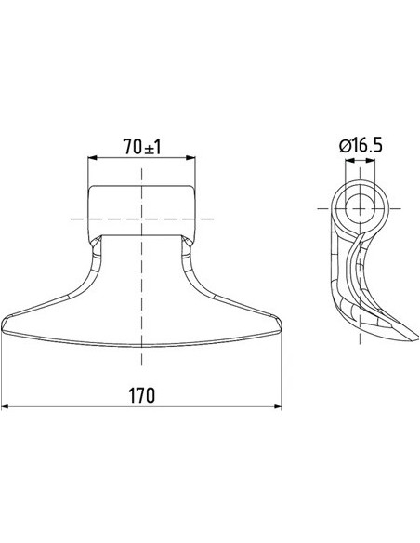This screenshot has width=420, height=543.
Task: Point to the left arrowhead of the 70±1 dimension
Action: click(92, 159)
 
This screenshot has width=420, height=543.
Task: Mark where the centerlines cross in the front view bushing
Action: click(141, 218)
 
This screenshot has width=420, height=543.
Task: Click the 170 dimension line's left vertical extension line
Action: click(3, 372)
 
